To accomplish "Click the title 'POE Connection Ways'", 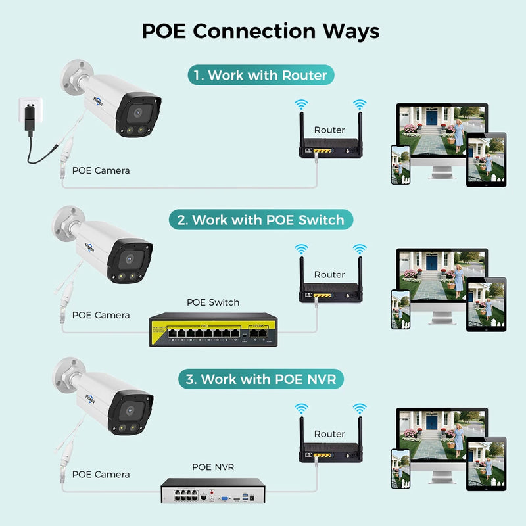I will tap(260, 31).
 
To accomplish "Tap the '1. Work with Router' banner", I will tap(261, 75).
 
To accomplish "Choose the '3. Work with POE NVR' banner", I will tap(262, 379).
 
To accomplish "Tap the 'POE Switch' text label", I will tap(213, 302).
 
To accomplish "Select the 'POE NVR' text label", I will tap(212, 467).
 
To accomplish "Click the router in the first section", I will tap(329, 149).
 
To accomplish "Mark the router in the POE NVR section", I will tap(329, 453).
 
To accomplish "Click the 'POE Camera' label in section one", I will tap(101, 170).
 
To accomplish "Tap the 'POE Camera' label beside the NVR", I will tap(101, 474).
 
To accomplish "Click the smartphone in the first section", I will tap(400, 164).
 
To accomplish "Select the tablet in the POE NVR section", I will tap(486, 464).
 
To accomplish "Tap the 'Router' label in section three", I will tap(329, 434).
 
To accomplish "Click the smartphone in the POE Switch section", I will tap(400, 309).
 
